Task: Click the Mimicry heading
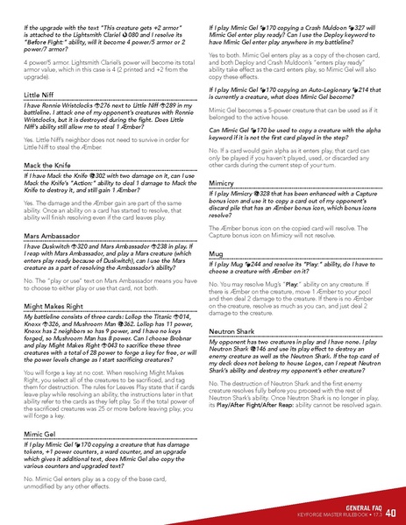227,182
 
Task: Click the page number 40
390,512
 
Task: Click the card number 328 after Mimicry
282,195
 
